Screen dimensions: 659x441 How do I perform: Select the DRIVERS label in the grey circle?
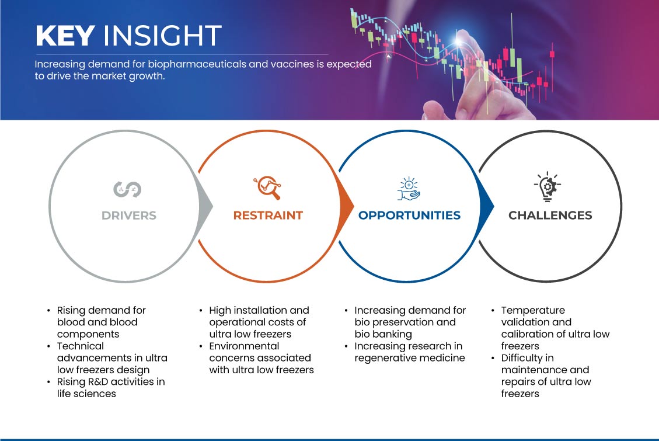tap(129, 216)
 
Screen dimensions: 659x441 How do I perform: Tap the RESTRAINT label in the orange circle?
tap(268, 216)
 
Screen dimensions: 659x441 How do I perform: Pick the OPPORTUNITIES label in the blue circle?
tap(409, 216)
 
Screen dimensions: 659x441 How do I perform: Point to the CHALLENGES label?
tap(550, 216)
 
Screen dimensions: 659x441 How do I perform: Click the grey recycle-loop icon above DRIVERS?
tap(127, 189)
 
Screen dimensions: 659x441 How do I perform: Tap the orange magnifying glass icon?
tap(267, 187)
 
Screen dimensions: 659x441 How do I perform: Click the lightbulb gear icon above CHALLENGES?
tap(547, 187)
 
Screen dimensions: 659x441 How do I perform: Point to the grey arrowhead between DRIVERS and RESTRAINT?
tap(205, 206)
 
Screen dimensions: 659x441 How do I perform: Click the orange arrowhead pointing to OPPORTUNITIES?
tap(346, 206)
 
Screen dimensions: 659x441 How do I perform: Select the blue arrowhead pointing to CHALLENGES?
tap(487, 206)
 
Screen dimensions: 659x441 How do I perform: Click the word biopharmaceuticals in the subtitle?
tap(197, 64)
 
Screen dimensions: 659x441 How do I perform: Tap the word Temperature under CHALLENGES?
tap(533, 310)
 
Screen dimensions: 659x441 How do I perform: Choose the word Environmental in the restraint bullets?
tap(244, 346)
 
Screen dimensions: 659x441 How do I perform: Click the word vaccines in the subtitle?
tap(292, 64)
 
